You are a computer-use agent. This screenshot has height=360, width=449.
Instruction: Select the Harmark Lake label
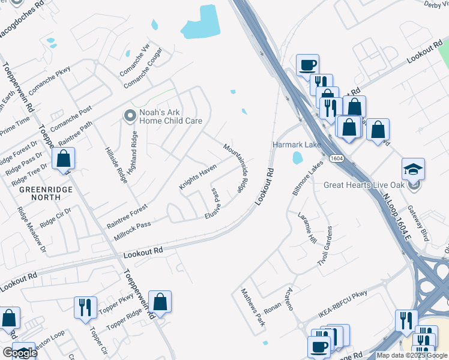coord(297,145)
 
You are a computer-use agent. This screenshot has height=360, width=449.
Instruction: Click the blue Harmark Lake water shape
coord(297,158)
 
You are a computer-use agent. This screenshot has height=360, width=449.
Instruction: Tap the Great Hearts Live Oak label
coord(366,185)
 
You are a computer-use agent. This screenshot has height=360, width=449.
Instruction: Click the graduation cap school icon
coord(413,170)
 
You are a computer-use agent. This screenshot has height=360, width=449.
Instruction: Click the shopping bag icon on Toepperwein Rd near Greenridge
coord(63,160)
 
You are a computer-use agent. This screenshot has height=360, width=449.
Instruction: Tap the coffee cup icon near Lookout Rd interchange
coord(307,65)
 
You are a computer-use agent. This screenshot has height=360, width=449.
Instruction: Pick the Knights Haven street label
coord(197,178)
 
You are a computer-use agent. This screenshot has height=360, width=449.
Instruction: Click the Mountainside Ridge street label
coord(235,167)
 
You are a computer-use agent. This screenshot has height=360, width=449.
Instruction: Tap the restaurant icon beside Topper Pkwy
coord(85,307)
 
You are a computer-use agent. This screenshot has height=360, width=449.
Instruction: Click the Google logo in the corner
coord(19,353)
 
